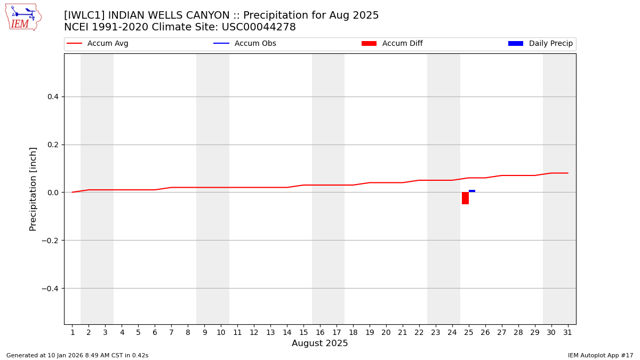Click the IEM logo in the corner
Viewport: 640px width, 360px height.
click(x=23, y=17)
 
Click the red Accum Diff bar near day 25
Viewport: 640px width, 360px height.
click(x=465, y=198)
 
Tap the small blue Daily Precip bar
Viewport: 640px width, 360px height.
click(x=472, y=191)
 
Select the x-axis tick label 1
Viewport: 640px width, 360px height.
click(x=72, y=333)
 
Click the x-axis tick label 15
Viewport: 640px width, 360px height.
click(x=303, y=333)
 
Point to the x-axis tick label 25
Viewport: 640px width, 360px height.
click(x=469, y=333)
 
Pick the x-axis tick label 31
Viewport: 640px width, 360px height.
click(x=567, y=333)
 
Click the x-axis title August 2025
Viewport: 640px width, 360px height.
click(x=319, y=343)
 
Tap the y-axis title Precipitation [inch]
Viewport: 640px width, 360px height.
click(x=33, y=189)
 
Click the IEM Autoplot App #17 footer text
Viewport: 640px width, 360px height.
click(x=601, y=355)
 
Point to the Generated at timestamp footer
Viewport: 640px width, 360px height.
click(x=77, y=355)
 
